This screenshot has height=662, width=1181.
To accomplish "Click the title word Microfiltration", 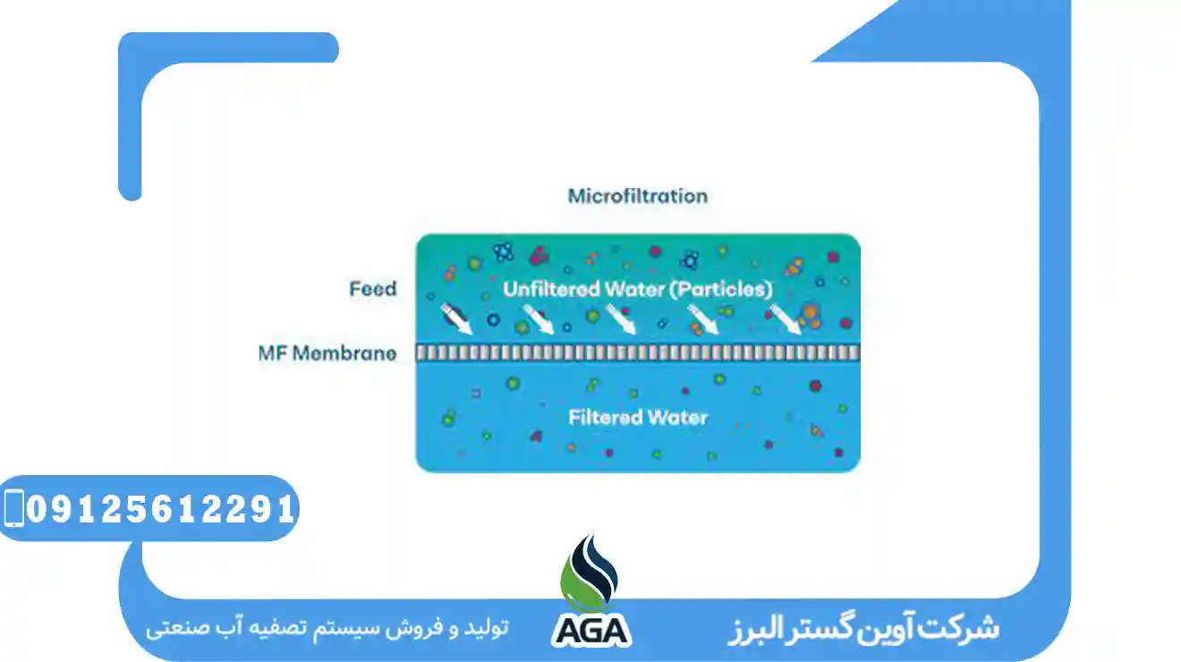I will pyautogui.click(x=637, y=196).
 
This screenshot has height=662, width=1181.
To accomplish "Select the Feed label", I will pyautogui.click(x=372, y=289).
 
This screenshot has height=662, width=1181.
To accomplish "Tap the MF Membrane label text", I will pyautogui.click(x=327, y=352).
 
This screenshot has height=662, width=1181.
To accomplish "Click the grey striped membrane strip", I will pyautogui.click(x=637, y=352).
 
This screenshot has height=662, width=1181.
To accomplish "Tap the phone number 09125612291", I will pyautogui.click(x=161, y=509).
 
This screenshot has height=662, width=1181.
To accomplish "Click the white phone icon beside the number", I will pyautogui.click(x=13, y=508).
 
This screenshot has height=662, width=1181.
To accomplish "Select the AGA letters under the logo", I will pyautogui.click(x=590, y=629).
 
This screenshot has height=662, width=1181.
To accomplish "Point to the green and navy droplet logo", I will pyautogui.click(x=590, y=573).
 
